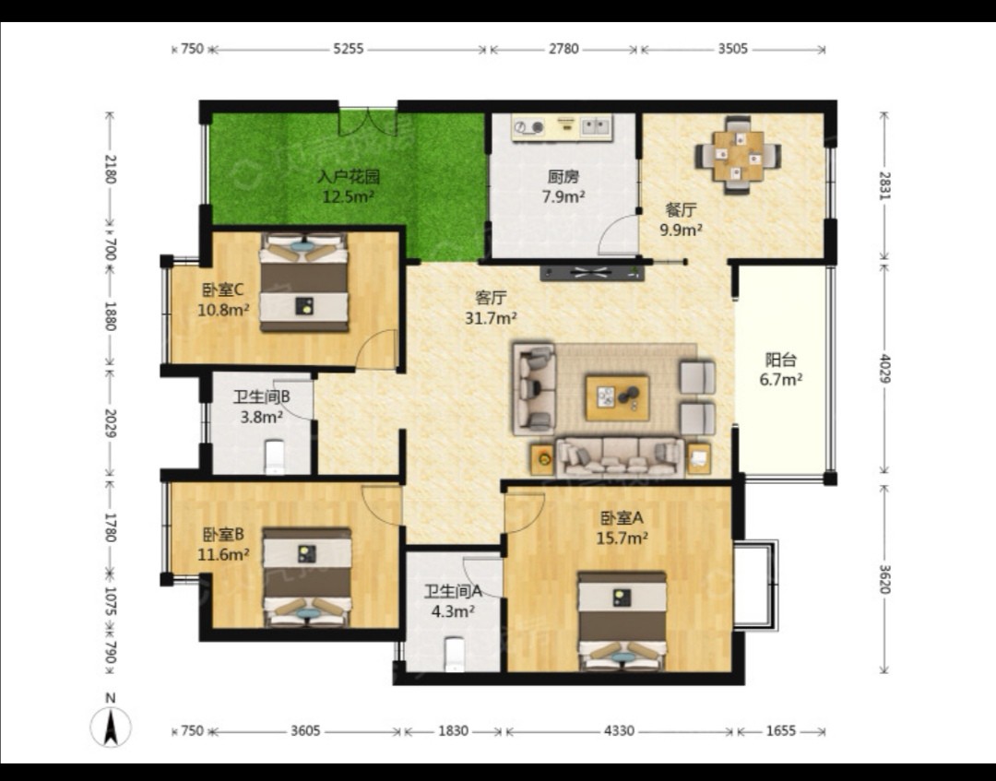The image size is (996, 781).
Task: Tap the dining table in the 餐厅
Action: tap(738, 156)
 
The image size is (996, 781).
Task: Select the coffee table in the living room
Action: tap(617, 397)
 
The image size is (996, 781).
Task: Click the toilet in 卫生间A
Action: tap(454, 654)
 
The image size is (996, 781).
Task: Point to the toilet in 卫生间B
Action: tap(275, 456)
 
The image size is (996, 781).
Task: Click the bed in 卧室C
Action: tap(304, 282)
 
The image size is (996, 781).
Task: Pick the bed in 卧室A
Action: tap(622, 621)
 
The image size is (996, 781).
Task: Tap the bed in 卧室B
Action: tap(307, 576)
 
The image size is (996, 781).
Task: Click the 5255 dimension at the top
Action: tap(349, 49)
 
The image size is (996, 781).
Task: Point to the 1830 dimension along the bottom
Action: tap(454, 731)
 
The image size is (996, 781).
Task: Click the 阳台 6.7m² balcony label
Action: tap(781, 370)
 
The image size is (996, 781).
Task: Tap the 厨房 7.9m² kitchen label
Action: tap(563, 186)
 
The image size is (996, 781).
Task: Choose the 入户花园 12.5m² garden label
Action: tap(348, 186)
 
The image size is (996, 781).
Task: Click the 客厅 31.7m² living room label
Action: tap(491, 307)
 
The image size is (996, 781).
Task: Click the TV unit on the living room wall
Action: tap(592, 273)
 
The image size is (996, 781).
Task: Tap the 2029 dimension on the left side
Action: tap(110, 422)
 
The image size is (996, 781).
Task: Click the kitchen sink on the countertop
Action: tap(595, 126)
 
